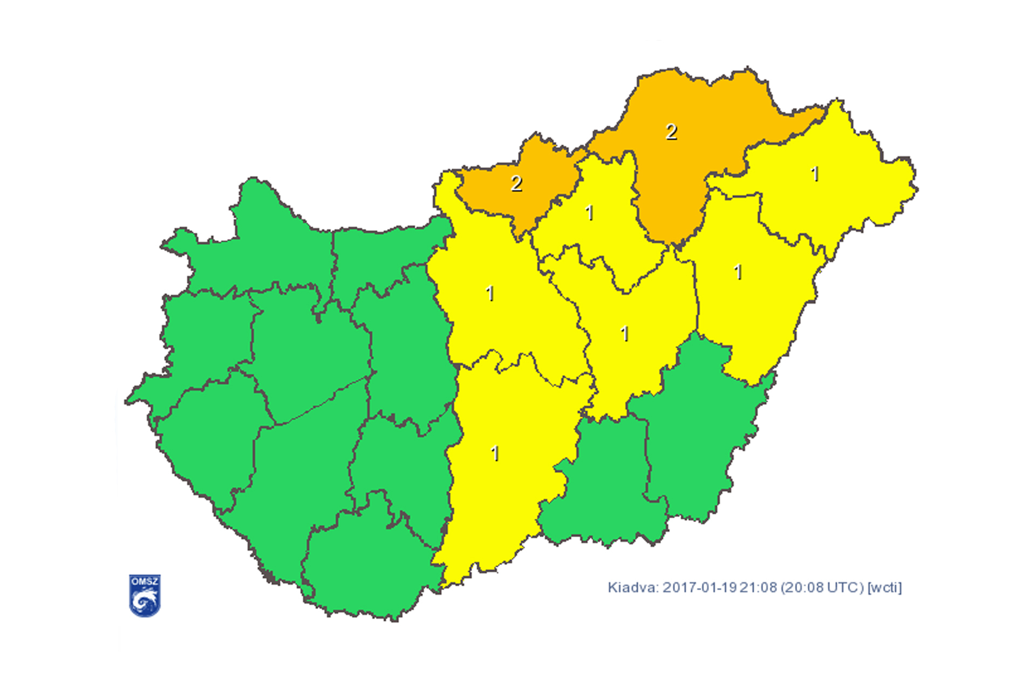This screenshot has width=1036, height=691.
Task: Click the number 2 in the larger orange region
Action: [671, 132]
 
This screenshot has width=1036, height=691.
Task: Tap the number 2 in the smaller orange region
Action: [516, 184]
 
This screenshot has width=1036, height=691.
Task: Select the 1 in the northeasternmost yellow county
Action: [815, 174]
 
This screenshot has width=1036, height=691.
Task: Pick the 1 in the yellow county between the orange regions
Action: [590, 213]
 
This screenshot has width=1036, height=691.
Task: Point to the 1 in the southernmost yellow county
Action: [495, 453]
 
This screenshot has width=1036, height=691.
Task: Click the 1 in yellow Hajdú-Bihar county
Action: [738, 272]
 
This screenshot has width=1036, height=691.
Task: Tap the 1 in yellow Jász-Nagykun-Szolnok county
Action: [625, 334]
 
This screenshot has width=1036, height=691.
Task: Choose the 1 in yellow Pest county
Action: [490, 293]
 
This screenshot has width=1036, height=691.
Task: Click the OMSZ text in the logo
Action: [145, 581]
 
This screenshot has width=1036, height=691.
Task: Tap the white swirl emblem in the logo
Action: [145, 601]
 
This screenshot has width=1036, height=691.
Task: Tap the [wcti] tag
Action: [884, 587]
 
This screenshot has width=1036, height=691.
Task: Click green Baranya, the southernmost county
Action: [367, 567]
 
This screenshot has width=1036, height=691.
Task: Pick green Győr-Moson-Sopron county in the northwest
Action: [259, 243]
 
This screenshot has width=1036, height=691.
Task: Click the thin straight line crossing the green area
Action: [324, 401]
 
